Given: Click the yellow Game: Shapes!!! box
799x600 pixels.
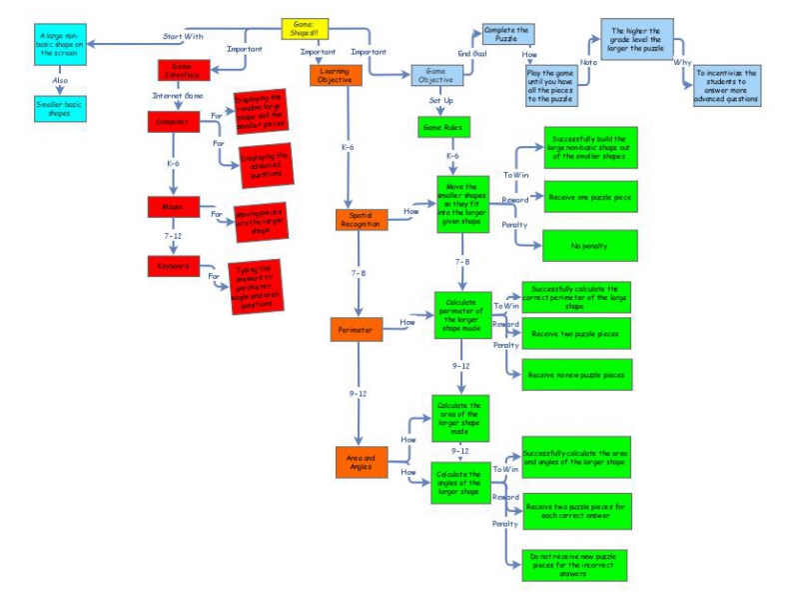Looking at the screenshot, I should tap(304, 30).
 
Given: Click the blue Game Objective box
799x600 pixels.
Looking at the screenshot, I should tap(439, 76).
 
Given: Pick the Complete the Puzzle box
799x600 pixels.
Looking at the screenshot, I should tap(507, 36).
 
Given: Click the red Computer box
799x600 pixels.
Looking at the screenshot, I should tap(174, 120).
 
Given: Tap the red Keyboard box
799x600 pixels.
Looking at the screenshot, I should tap(174, 266).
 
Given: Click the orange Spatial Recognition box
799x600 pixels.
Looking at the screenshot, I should tap(362, 219).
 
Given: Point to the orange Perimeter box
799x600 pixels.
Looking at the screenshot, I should tap(356, 329).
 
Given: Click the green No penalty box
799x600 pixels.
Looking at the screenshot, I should tap(589, 244).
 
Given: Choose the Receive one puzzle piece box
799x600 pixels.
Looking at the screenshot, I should tap(589, 197).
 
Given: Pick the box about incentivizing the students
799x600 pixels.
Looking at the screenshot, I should tap(727, 86).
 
